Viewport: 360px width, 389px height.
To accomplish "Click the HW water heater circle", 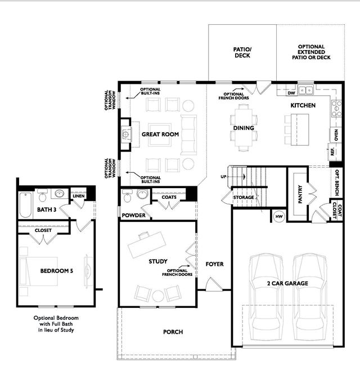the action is [279, 217].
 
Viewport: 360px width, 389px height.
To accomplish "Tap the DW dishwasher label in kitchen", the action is [291, 93].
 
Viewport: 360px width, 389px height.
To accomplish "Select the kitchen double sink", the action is [305, 90].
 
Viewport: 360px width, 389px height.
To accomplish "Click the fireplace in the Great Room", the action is [126, 135].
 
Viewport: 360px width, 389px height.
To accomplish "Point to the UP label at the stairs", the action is [224, 177].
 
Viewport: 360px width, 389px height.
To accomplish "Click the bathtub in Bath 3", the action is [25, 205].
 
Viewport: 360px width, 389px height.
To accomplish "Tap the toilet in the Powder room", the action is [127, 196].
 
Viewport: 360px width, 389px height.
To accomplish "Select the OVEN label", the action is [336, 135].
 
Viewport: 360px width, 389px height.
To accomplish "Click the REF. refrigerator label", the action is [332, 151].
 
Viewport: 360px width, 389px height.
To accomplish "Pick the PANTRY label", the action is [300, 194].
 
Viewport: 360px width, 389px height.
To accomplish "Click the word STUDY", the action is [158, 261].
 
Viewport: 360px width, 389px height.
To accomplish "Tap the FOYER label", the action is [215, 264].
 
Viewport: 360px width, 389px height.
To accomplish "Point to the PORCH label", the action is [173, 332].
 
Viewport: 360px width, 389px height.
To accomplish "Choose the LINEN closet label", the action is [79, 196].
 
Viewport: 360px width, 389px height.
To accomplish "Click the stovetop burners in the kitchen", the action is [337, 109].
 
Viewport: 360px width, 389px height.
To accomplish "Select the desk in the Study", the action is [147, 244].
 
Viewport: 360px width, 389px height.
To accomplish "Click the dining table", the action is [244, 128].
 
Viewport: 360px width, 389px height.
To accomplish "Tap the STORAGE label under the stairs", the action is [244, 197].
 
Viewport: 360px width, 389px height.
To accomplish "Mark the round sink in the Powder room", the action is [143, 194].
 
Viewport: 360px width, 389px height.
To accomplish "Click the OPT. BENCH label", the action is [337, 182].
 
